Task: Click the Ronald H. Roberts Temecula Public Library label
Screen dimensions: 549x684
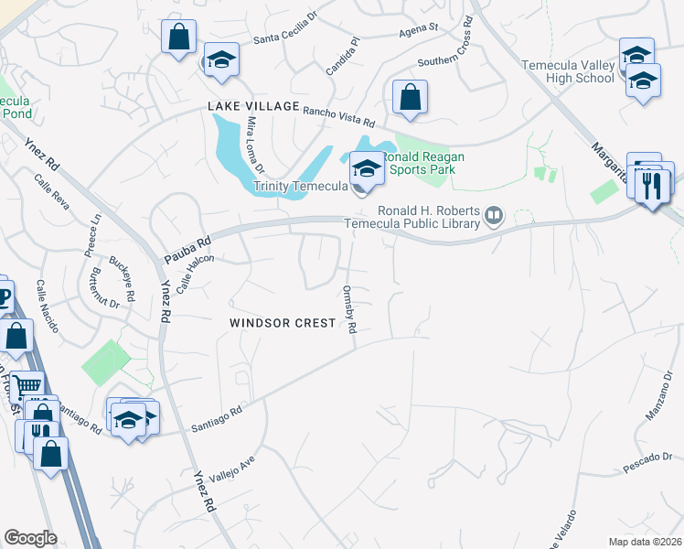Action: tap(411, 216)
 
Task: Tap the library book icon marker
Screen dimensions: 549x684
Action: tap(494, 215)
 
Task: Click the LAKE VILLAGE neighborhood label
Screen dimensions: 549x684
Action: tap(253, 106)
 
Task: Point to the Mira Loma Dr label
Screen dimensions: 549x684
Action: tap(254, 145)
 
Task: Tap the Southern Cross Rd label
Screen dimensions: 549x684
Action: tap(450, 55)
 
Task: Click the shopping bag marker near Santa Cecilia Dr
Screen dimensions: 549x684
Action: tap(179, 37)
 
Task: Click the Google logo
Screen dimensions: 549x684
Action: tap(30, 538)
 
